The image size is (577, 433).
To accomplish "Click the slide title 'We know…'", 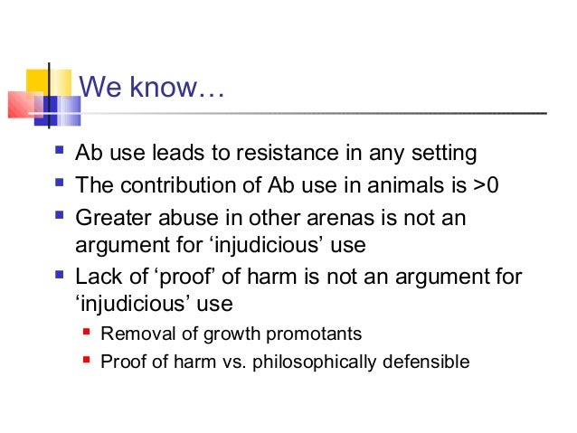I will [x=150, y=89].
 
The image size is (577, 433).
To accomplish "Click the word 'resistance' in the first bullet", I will [x=295, y=153].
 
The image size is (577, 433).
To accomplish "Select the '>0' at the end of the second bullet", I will [x=487, y=185].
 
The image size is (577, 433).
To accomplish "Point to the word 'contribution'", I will [x=176, y=185].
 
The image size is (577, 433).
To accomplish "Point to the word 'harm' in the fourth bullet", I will [x=283, y=276].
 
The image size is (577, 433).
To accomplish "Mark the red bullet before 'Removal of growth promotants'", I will [x=88, y=333].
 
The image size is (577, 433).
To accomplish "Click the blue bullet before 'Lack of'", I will [x=60, y=274].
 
